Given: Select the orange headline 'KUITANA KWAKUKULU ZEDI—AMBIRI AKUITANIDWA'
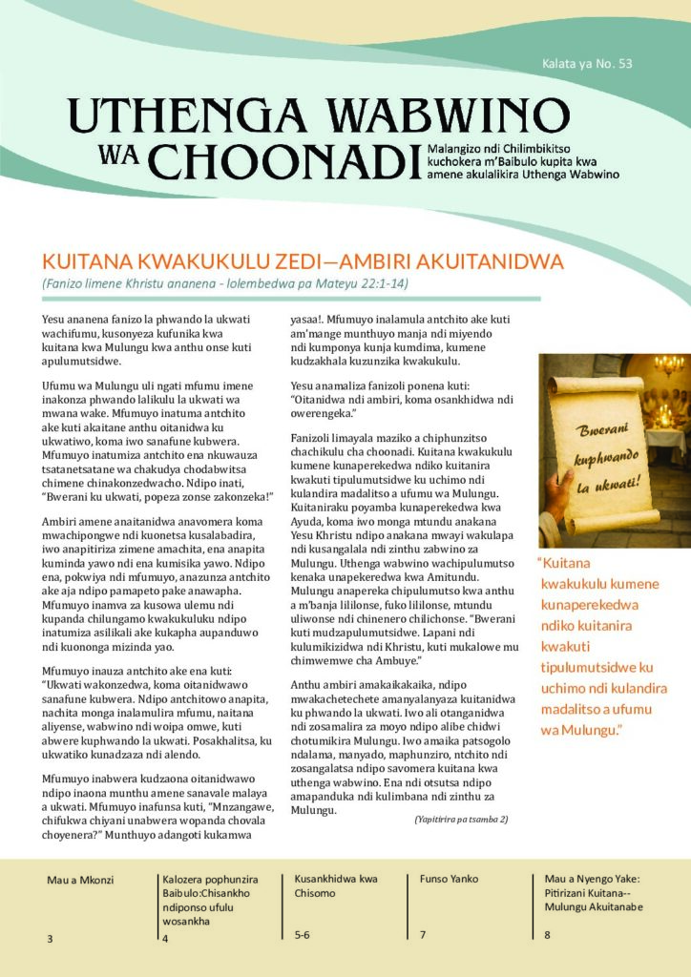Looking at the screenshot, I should click(x=304, y=261).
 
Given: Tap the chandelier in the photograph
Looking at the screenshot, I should click(x=669, y=366).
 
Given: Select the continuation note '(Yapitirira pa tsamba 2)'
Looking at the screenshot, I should click(x=461, y=819).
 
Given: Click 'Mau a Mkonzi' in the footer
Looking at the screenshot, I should click(x=80, y=880).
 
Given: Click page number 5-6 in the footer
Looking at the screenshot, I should click(x=303, y=935).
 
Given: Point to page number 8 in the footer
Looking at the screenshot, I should click(x=547, y=935).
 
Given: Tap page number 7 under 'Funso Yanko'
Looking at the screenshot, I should click(x=422, y=935).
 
